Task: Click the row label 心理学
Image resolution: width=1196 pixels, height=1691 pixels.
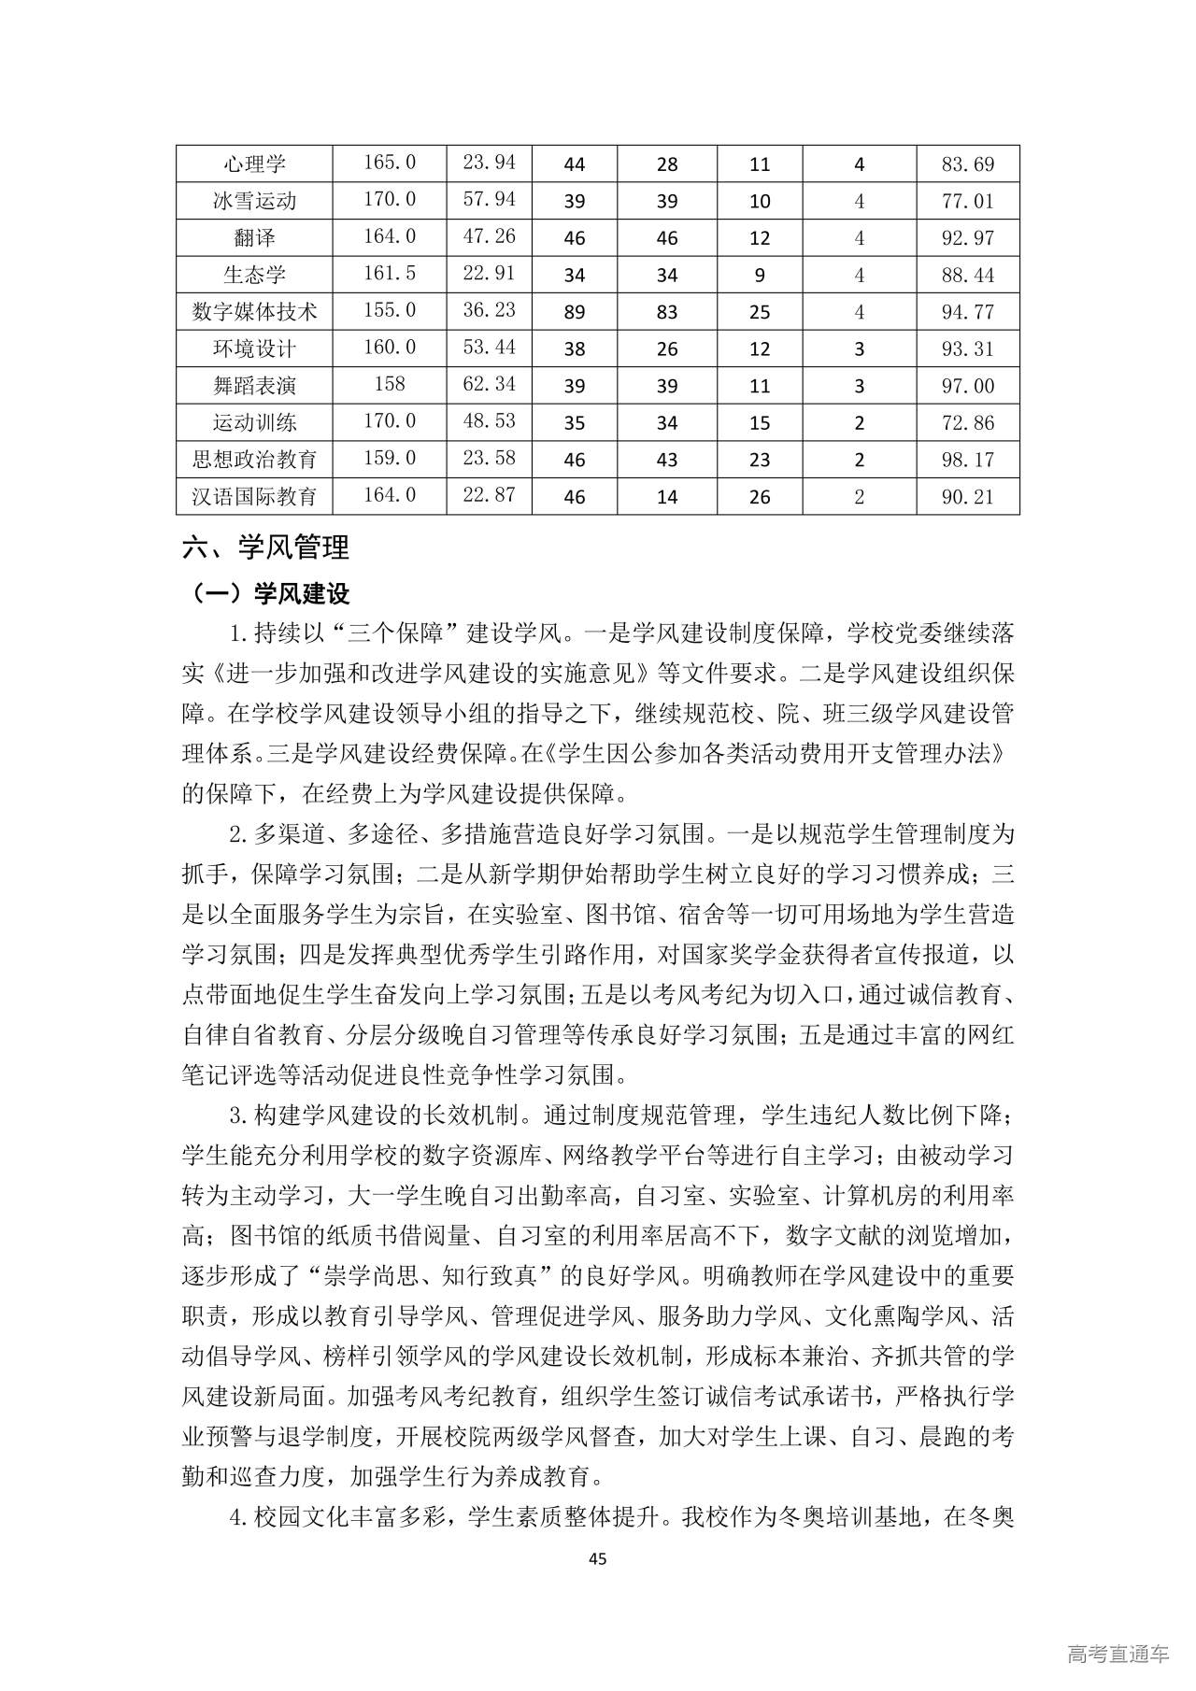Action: click(254, 164)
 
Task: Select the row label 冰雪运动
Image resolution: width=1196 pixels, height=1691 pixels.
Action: click(254, 201)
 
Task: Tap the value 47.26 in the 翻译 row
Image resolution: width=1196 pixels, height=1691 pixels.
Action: click(489, 236)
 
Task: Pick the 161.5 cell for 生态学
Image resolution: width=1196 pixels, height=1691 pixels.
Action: click(389, 274)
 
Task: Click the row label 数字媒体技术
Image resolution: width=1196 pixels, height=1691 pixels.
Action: click(254, 311)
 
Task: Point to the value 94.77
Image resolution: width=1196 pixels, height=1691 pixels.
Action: click(967, 311)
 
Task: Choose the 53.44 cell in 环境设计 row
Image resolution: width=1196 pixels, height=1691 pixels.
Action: click(489, 348)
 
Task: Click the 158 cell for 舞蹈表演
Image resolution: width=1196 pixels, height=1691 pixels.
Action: click(389, 384)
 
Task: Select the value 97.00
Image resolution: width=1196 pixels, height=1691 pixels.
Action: click(967, 386)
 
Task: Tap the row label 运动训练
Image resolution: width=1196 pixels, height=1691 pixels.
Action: click(254, 422)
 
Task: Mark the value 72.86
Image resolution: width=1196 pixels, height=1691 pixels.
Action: click(967, 422)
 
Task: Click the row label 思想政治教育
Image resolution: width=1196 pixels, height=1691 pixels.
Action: click(254, 460)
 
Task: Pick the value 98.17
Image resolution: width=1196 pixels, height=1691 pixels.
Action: click(967, 460)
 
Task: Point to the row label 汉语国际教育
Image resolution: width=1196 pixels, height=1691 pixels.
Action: click(254, 496)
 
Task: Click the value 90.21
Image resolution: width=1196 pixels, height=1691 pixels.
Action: click(967, 496)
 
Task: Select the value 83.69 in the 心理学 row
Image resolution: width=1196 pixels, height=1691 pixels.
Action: click(967, 164)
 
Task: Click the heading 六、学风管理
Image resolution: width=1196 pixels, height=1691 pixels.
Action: click(265, 547)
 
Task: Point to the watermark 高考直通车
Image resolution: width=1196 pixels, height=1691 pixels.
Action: click(1117, 1655)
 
